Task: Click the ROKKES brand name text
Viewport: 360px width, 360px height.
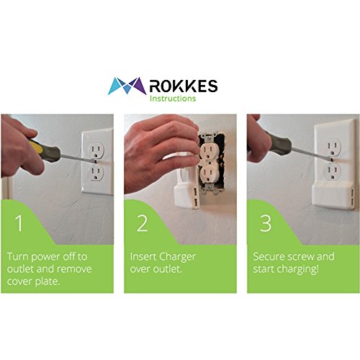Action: (184, 86)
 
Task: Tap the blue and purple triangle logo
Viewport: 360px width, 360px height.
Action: (127, 86)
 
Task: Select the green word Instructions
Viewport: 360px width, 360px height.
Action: (173, 99)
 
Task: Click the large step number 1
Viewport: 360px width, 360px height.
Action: (19, 223)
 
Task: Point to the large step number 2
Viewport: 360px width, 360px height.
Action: (143, 223)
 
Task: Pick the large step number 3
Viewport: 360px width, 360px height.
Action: (266, 223)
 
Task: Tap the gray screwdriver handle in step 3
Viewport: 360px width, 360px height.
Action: (279, 143)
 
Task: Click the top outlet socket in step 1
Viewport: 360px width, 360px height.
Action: (96, 150)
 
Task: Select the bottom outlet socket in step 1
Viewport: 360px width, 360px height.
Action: (96, 172)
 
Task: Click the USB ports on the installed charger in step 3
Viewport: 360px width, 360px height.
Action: (351, 197)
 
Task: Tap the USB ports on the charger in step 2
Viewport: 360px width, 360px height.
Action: (195, 197)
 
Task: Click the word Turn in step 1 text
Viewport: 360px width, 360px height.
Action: (17, 256)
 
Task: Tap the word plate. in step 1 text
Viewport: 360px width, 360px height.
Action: (48, 282)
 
